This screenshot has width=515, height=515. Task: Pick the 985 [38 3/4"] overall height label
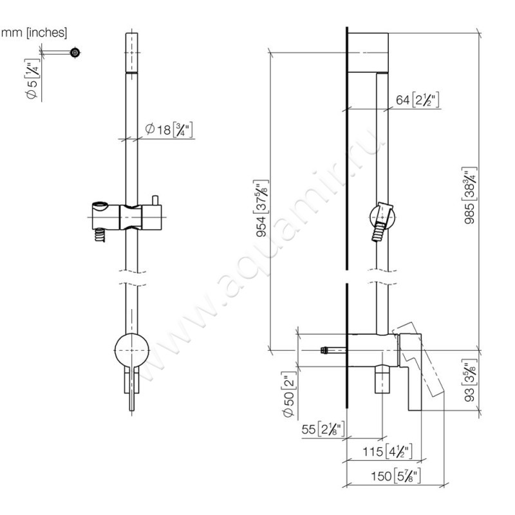point(489,193)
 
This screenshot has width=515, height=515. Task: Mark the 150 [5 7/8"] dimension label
point(396,476)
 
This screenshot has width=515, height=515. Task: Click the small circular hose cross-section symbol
point(75,53)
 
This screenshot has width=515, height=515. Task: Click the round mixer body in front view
point(132,351)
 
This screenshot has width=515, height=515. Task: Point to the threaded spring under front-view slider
point(99,236)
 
